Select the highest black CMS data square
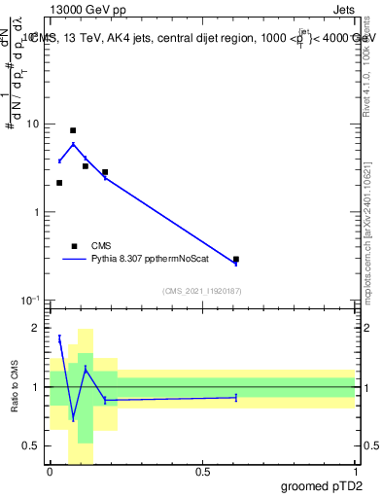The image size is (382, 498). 73,130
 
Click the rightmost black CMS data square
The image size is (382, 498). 236,260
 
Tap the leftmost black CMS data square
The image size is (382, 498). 59,183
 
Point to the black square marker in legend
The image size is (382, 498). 74,246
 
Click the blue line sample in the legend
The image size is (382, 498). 74,260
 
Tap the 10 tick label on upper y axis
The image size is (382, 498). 33,124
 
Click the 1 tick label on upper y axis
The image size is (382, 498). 37,212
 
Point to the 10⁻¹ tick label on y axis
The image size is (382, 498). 31,300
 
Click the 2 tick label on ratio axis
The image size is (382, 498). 37,329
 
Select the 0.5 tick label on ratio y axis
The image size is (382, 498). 33,445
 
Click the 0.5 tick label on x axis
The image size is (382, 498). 202,472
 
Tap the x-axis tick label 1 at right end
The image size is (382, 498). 355,472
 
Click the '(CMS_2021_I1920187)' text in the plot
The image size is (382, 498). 201,291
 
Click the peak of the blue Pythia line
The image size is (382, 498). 73,144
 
